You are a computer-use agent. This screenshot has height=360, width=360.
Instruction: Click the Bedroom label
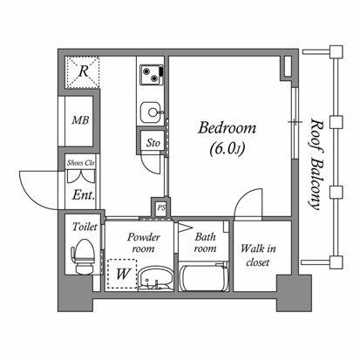point(227,128)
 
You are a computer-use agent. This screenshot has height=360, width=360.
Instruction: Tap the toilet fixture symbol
point(84,256)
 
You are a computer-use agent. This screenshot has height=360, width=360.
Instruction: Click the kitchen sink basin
point(151,112)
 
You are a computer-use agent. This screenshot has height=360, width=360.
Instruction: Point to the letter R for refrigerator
point(84,71)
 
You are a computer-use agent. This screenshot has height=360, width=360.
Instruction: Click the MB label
point(80,120)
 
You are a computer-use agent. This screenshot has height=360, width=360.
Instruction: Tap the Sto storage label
point(153,143)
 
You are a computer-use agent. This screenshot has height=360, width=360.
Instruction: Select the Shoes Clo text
point(80,163)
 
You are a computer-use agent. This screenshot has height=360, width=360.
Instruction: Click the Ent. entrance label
point(84,195)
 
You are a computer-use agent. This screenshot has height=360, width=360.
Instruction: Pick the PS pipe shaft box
point(161,207)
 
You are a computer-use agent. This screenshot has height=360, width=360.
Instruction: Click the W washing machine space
point(122,274)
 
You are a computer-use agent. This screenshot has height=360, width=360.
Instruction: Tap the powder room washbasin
point(155,279)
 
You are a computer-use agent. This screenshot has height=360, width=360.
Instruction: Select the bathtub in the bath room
point(203,278)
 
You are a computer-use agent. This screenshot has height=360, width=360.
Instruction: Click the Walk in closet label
point(258,255)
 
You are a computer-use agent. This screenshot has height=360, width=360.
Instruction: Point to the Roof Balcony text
point(316,164)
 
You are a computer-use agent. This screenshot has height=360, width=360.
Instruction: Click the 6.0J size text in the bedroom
point(227,149)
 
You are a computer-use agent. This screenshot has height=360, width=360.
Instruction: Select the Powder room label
point(144,243)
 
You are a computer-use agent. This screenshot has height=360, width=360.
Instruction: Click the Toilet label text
point(85,227)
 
